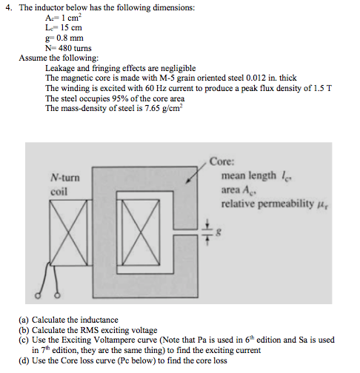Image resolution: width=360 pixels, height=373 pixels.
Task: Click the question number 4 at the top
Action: [x=6, y=7]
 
